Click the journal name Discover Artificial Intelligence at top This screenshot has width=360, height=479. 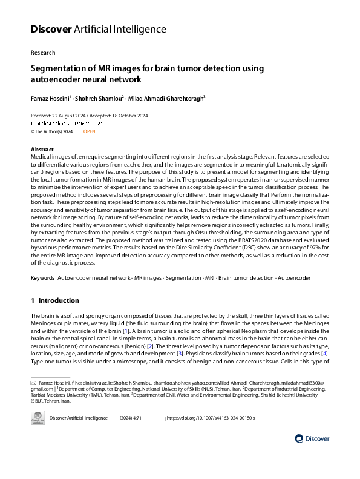[98, 28]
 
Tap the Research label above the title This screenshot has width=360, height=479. [42, 53]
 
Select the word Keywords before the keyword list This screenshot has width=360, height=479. [42, 277]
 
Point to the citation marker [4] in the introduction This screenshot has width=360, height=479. [324, 353]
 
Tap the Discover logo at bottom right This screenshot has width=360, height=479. [312, 438]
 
